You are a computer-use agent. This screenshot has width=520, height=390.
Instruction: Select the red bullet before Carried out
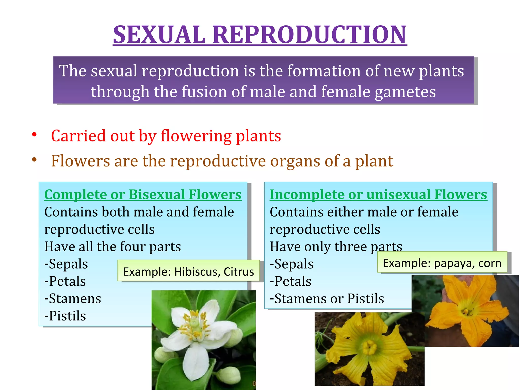point(35,135)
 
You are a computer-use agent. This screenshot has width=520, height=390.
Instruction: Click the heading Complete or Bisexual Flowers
point(143,195)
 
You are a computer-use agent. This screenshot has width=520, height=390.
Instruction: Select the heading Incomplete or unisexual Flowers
point(378,195)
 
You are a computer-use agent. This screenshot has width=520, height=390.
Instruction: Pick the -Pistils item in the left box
point(65,316)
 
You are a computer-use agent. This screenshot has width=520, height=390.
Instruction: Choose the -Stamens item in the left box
point(73,299)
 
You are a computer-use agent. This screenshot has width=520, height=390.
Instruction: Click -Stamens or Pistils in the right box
point(327,299)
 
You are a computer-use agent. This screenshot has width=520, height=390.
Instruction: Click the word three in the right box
point(350,247)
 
